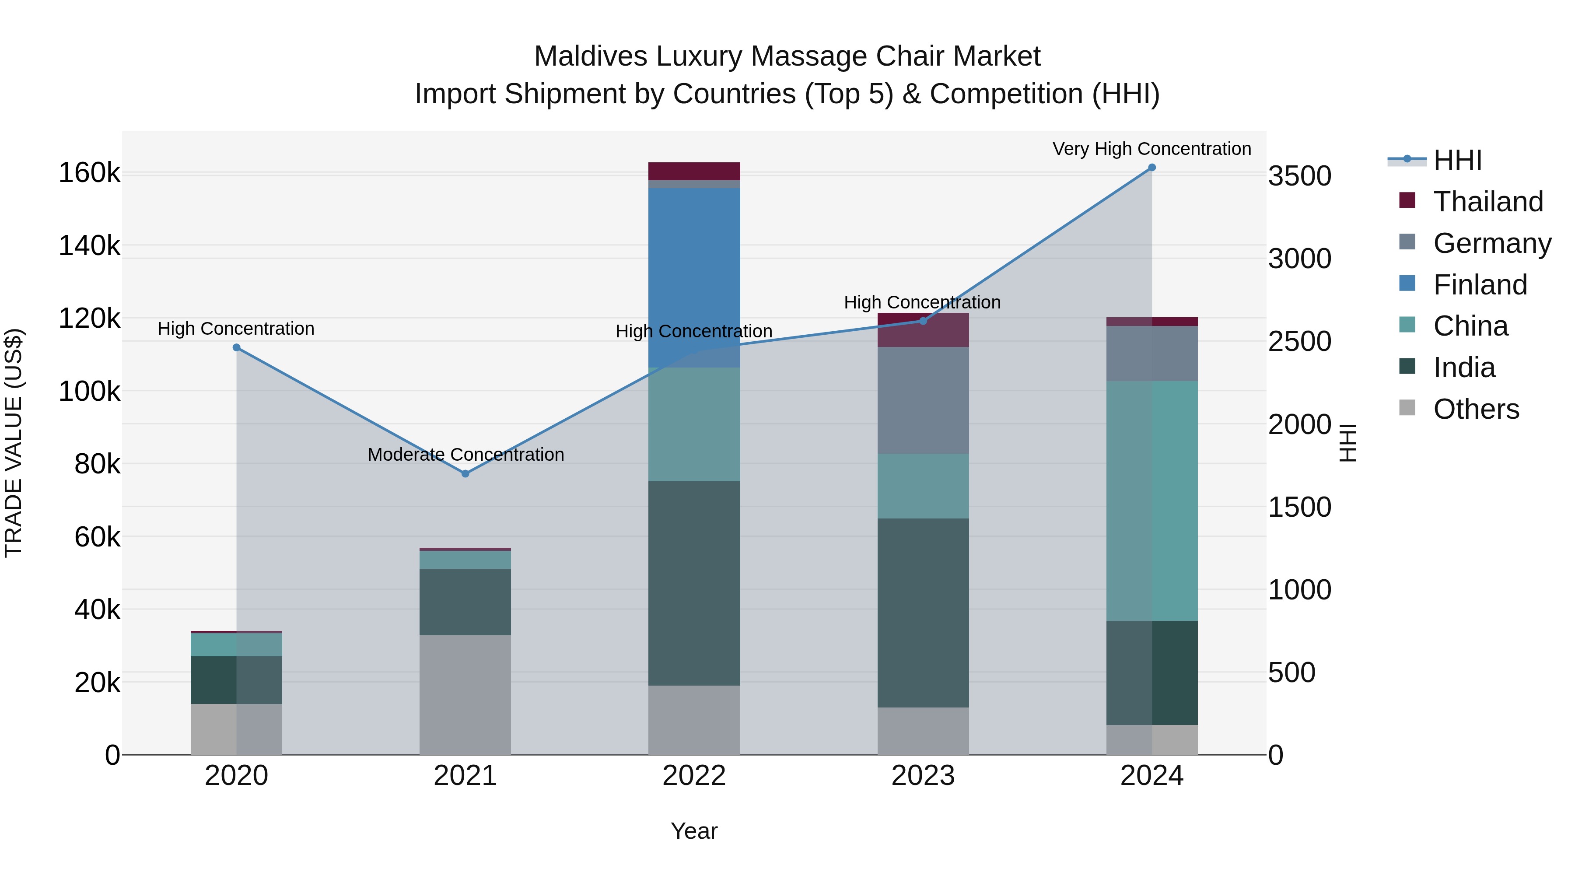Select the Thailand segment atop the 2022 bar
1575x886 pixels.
(x=694, y=171)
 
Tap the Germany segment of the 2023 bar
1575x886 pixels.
(x=923, y=400)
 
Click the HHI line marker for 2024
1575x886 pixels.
(x=1151, y=167)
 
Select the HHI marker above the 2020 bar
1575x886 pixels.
(x=237, y=347)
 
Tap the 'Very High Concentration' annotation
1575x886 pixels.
(x=1151, y=149)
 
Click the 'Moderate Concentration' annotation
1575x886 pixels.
(x=465, y=454)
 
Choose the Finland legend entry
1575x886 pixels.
(x=1480, y=284)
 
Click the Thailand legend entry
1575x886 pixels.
(x=1487, y=201)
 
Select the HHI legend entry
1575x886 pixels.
(x=1457, y=160)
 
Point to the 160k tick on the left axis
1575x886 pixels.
(x=89, y=173)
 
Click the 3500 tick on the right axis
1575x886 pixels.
(x=1299, y=175)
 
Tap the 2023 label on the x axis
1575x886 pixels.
(x=923, y=775)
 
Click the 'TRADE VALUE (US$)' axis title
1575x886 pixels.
(x=14, y=443)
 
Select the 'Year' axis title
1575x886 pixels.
(x=694, y=831)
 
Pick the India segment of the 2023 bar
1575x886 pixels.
(x=923, y=613)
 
